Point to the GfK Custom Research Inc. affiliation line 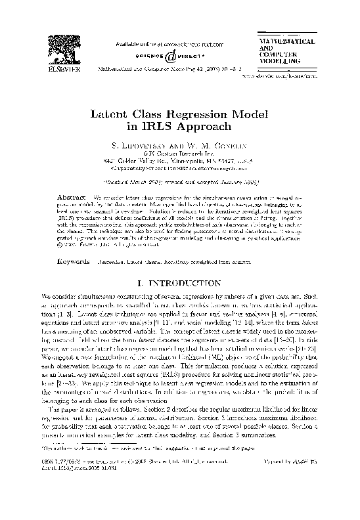point(179,154)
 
